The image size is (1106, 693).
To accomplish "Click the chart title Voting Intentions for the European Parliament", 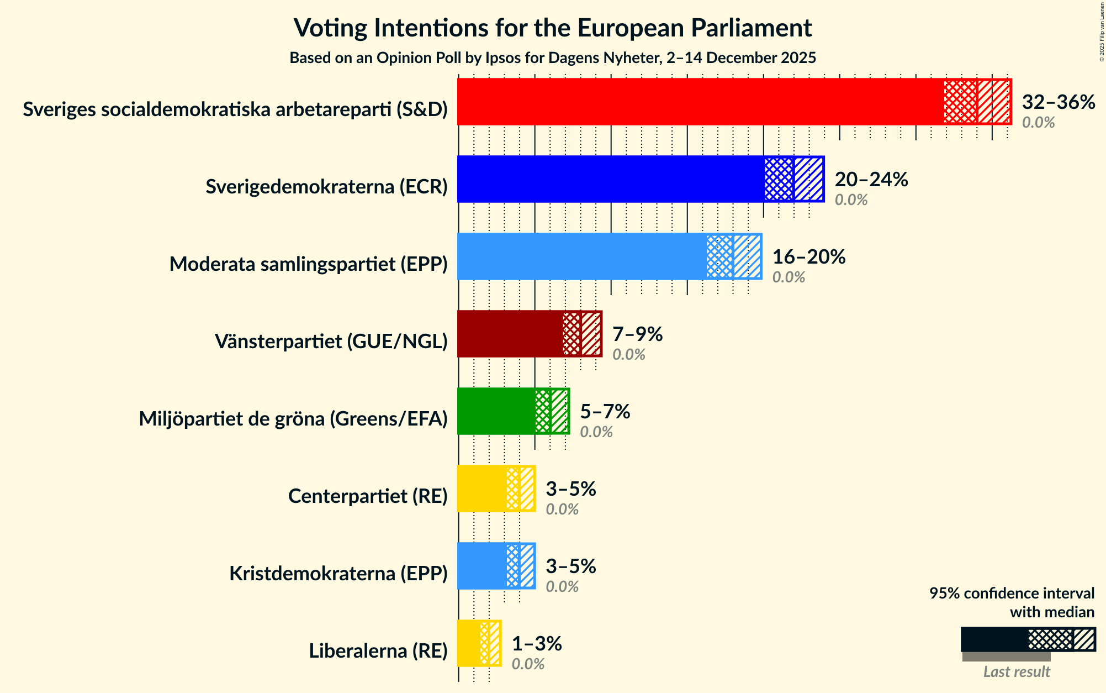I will [x=552, y=28].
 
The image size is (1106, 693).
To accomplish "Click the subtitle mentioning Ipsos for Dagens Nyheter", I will [x=552, y=58].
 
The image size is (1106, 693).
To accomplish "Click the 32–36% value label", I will [x=1058, y=102].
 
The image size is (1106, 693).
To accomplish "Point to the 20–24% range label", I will [x=871, y=180].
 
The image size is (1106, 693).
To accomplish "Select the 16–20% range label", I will [x=808, y=257].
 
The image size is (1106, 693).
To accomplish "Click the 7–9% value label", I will [x=637, y=334].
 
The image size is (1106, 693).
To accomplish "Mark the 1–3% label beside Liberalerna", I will [x=536, y=644].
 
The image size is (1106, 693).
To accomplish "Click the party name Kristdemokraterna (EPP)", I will [x=338, y=574].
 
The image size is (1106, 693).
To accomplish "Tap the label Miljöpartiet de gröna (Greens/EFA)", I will [x=293, y=419].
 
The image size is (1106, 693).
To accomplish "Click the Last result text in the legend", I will [x=1016, y=671].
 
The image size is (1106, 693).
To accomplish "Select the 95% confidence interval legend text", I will [x=1012, y=602].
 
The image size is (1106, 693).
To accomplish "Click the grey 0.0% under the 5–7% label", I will [x=596, y=432].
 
